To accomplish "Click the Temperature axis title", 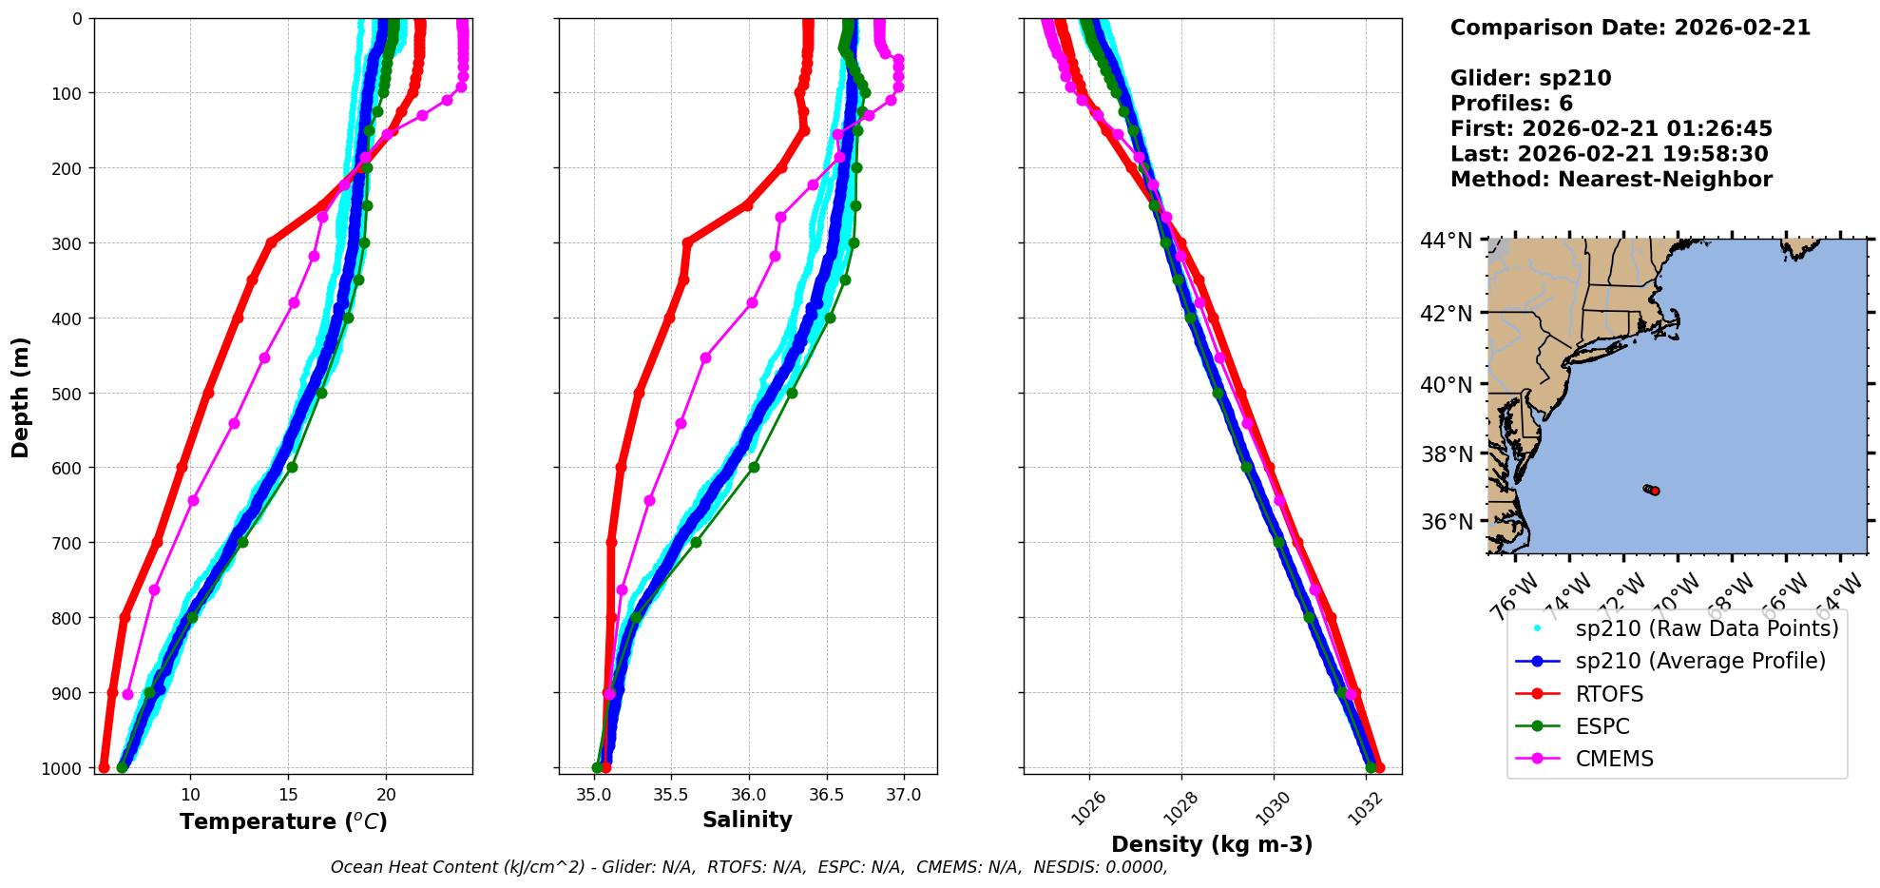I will click(x=283, y=821).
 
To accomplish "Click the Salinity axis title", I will click(x=747, y=820).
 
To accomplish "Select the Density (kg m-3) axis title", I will click(x=1212, y=844).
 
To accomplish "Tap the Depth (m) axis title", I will click(x=21, y=396).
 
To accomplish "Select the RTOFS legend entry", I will click(x=1609, y=694).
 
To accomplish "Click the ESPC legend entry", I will click(x=1602, y=726).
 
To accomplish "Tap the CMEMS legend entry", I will click(x=1614, y=759).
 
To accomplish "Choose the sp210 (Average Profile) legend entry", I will click(x=1700, y=661).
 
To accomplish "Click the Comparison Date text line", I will click(x=1630, y=28).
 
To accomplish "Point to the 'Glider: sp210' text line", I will click(x=1530, y=78).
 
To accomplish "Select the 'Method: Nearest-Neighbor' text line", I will click(x=1611, y=180).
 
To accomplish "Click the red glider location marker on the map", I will click(x=1655, y=491).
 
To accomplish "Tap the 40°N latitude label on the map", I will click(x=1446, y=385).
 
